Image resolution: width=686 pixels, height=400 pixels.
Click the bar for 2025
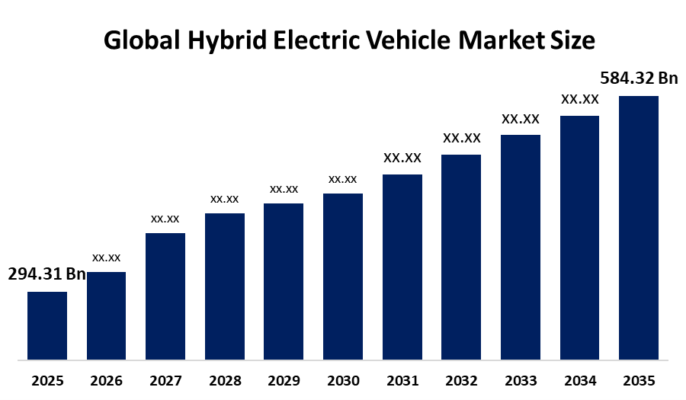coord(47,325)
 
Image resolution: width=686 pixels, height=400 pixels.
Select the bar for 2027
coord(165,296)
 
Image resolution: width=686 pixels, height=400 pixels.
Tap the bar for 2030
coord(343,277)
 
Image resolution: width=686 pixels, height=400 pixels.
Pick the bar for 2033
coord(521,248)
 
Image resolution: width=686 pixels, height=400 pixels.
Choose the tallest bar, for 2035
coord(639,228)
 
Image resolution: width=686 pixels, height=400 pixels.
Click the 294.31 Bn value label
coord(46,274)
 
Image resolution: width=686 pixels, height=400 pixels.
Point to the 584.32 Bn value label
coord(639,78)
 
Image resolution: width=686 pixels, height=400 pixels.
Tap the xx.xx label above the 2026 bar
coord(106,258)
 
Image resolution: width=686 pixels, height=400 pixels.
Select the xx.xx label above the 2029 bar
coord(284,189)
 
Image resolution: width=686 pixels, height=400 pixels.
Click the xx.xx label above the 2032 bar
coord(462,138)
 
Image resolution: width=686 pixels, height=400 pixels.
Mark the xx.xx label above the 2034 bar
coord(580,99)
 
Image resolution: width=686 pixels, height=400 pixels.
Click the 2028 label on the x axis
coord(225,381)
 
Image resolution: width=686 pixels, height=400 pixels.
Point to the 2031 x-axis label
coord(402,381)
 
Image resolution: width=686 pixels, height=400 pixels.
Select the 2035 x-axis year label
coord(639,381)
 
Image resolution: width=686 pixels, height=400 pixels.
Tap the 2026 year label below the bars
coord(106,381)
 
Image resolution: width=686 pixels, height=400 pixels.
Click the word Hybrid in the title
coord(227,40)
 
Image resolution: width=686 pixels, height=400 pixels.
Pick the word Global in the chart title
coord(142,40)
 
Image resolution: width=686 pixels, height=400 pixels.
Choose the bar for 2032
coord(461,257)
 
